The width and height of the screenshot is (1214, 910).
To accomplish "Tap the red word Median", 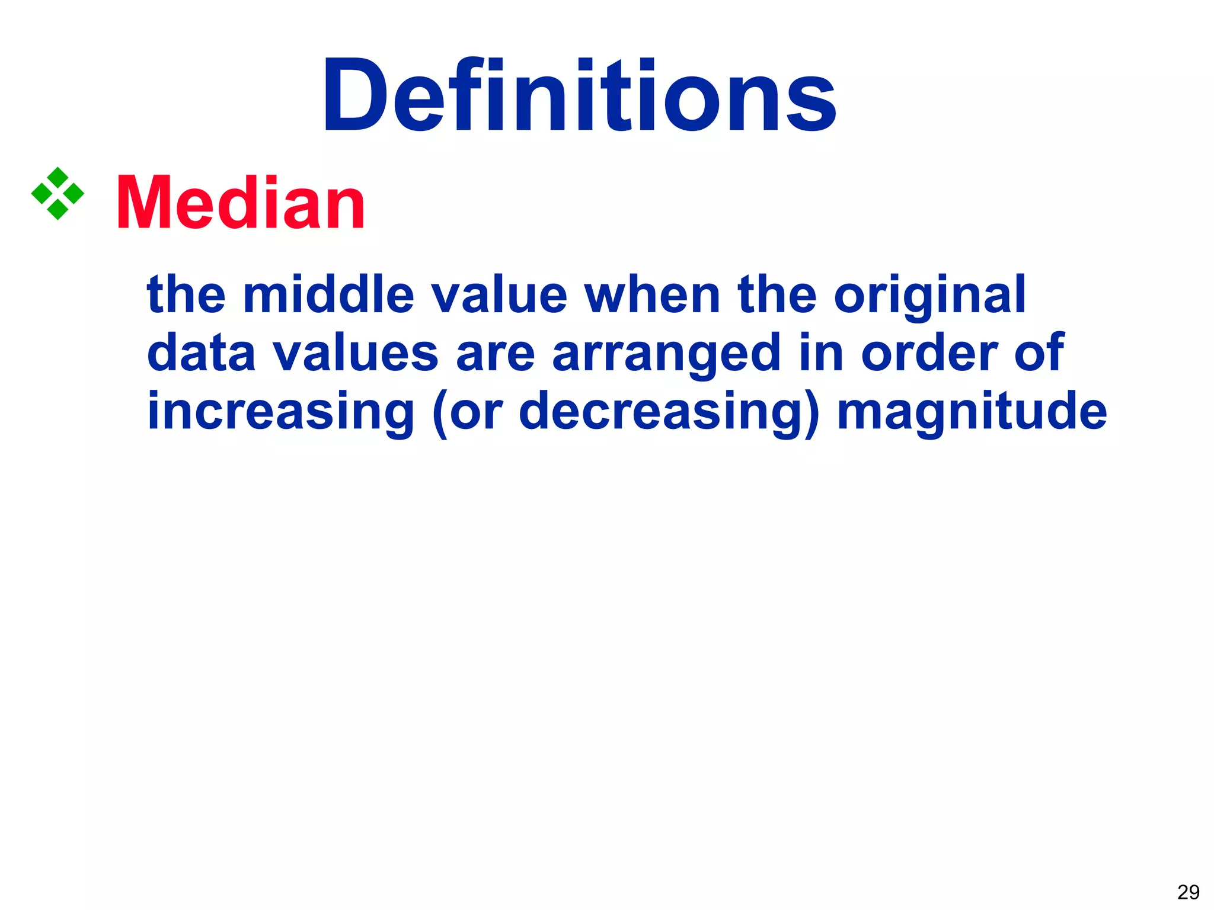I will [x=241, y=203].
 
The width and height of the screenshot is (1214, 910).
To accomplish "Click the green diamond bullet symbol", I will [x=57, y=194].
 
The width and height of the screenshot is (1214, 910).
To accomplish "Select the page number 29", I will [x=1188, y=892].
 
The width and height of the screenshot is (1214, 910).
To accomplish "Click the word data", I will [x=201, y=353].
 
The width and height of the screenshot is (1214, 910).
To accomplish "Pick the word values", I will [x=356, y=353].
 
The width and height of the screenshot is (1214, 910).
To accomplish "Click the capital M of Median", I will [x=144, y=203].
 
